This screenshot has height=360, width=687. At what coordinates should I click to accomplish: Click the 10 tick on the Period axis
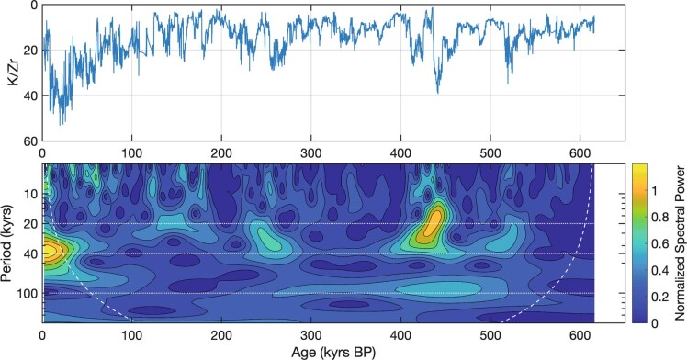point(30,194)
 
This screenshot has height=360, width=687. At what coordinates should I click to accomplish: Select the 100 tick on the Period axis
point(27,294)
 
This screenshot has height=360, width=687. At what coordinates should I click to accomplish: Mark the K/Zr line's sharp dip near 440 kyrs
point(437,90)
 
